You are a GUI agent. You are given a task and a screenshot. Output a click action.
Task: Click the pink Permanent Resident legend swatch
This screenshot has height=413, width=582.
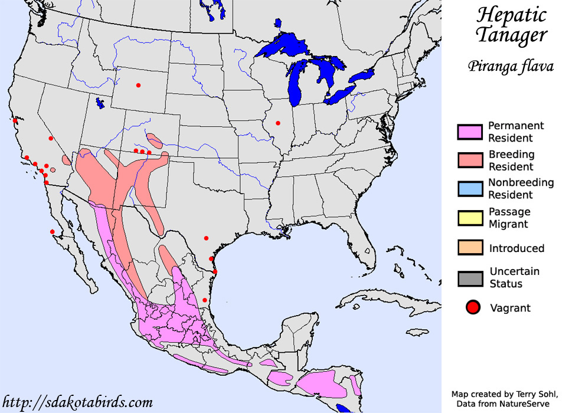469,132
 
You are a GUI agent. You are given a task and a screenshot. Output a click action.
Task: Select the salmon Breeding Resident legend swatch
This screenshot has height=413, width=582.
469,160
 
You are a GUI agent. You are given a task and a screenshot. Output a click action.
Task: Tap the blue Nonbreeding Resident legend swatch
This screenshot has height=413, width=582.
469,188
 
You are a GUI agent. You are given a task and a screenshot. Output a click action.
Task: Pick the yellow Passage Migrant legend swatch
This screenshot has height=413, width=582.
469,217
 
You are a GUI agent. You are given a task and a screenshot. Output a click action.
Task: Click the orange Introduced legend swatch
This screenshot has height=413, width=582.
469,248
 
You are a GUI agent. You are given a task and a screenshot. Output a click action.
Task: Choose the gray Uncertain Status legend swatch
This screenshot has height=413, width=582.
469,278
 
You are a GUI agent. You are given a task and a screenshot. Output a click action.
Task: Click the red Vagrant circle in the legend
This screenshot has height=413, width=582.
472,308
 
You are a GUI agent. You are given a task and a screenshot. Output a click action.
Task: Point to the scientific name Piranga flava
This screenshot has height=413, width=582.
511,65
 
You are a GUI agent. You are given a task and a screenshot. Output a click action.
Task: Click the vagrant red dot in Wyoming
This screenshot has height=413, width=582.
138,86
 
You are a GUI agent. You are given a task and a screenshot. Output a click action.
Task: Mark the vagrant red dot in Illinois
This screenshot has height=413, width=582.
277,123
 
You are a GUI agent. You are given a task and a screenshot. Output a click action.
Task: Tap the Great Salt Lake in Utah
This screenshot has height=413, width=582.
100,103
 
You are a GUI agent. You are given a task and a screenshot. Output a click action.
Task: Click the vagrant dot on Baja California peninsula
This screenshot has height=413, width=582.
52,231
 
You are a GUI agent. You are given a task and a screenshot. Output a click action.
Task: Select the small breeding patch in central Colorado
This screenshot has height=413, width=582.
156,140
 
